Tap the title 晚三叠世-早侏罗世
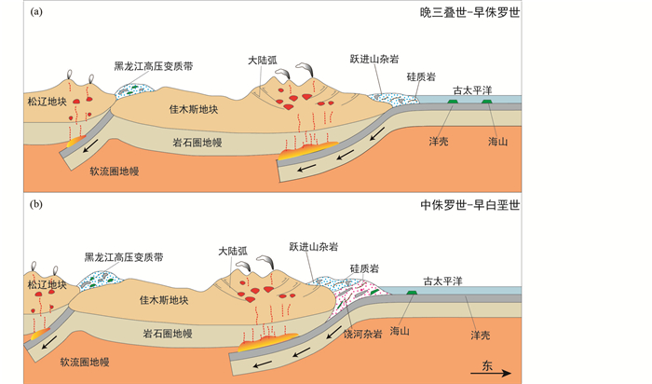click(469, 13)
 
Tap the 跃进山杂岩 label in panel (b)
click(314, 247)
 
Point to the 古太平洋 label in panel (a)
click(474, 90)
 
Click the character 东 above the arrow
click(489, 362)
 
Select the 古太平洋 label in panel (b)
click(444, 281)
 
